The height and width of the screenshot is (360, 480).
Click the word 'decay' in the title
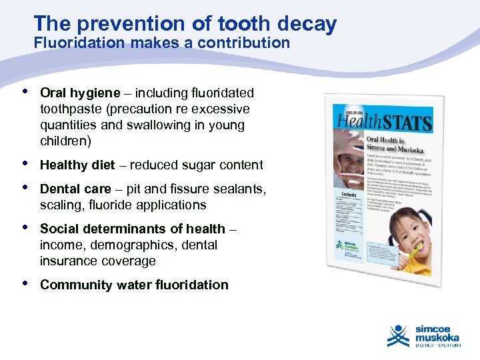point(308,24)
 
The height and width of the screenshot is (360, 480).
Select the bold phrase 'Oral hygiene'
point(80,93)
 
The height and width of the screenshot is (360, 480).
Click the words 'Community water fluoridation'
point(134,285)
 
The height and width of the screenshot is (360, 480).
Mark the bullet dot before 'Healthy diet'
point(25,163)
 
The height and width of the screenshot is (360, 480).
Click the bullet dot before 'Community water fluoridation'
point(25,283)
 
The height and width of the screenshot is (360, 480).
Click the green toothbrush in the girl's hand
point(415,253)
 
